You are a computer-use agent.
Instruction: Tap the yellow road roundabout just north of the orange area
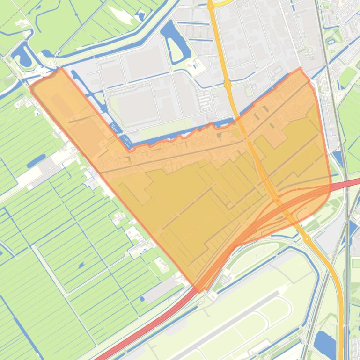pyautogui.click(x=228, y=85)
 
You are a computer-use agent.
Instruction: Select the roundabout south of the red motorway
pyautogui.click(x=307, y=239)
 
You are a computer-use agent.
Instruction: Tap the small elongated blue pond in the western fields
pyautogui.click(x=36, y=161)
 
